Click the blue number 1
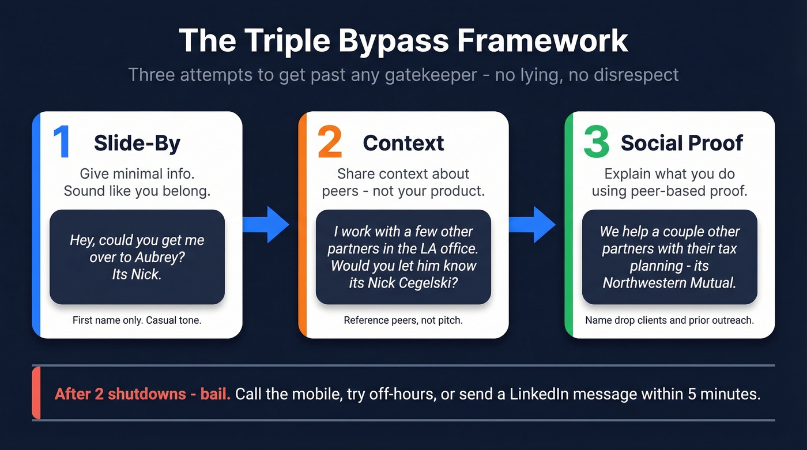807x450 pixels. [61, 143]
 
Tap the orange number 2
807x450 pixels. [330, 143]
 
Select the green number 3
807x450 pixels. [596, 143]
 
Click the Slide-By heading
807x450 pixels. [137, 143]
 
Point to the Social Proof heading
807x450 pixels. [682, 143]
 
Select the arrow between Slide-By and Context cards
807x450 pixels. [266, 224]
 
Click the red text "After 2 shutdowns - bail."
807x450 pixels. [142, 395]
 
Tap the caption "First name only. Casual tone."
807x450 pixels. [137, 320]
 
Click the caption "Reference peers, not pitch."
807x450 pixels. [403, 320]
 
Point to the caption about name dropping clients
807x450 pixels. [669, 320]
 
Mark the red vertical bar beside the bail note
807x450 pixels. [36, 392]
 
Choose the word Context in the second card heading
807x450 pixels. [403, 143]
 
